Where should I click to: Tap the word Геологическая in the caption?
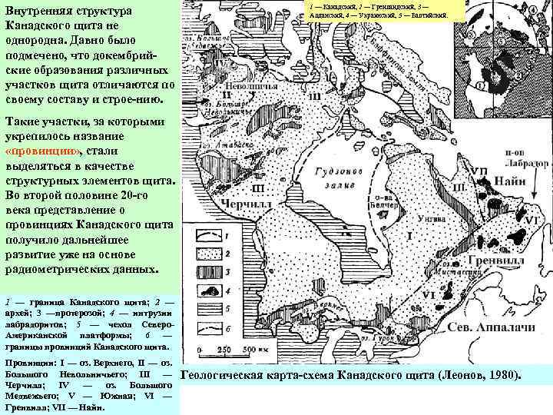click(x=229, y=375)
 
